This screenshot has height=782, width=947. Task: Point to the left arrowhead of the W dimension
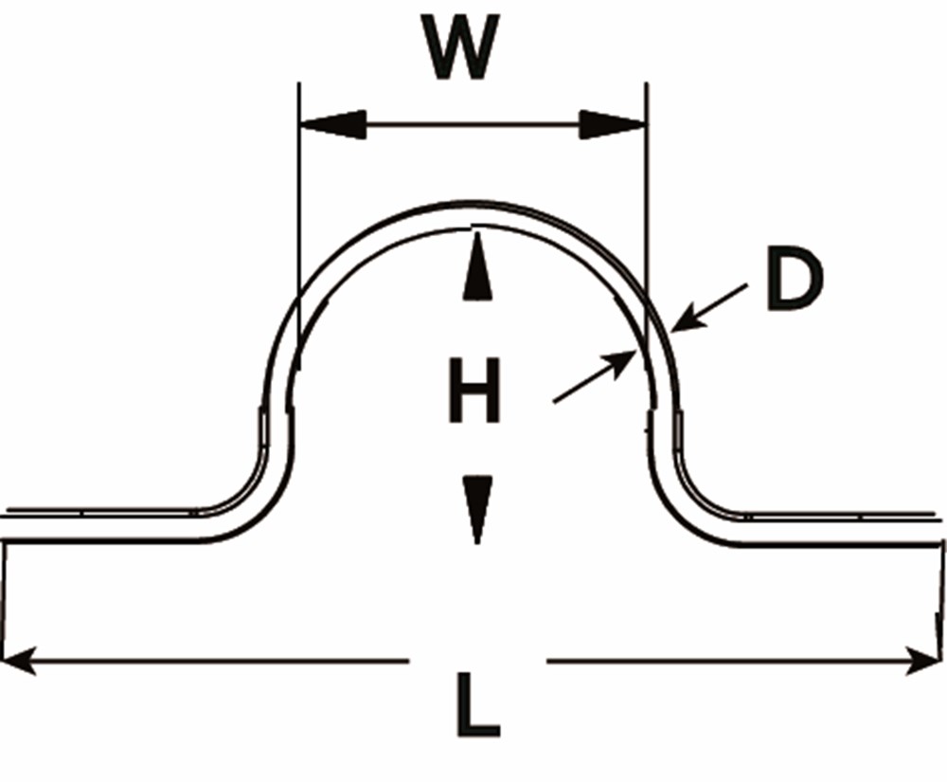pyautogui.click(x=331, y=124)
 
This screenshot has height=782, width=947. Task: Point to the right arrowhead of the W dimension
pyautogui.click(x=612, y=124)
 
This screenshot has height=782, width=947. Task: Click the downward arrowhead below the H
pyautogui.click(x=478, y=508)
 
